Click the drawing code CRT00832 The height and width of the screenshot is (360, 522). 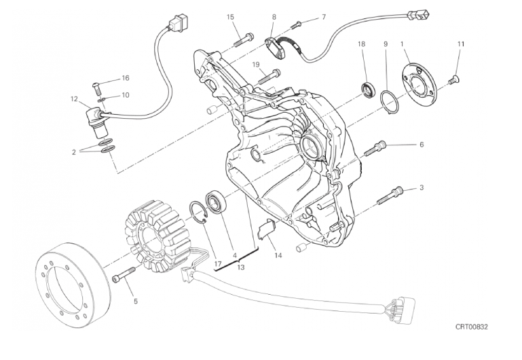(x=471, y=327)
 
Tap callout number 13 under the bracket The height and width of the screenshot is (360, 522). (x=241, y=267)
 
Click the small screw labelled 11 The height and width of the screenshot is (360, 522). (x=453, y=79)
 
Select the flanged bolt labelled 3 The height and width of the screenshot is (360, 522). (x=390, y=196)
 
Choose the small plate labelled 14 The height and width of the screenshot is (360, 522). (x=267, y=230)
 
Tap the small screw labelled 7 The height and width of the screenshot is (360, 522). (x=296, y=24)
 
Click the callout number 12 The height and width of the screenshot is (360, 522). (x=74, y=98)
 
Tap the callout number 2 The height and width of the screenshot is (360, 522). (x=73, y=152)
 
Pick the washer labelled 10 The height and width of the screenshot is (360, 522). (x=102, y=100)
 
